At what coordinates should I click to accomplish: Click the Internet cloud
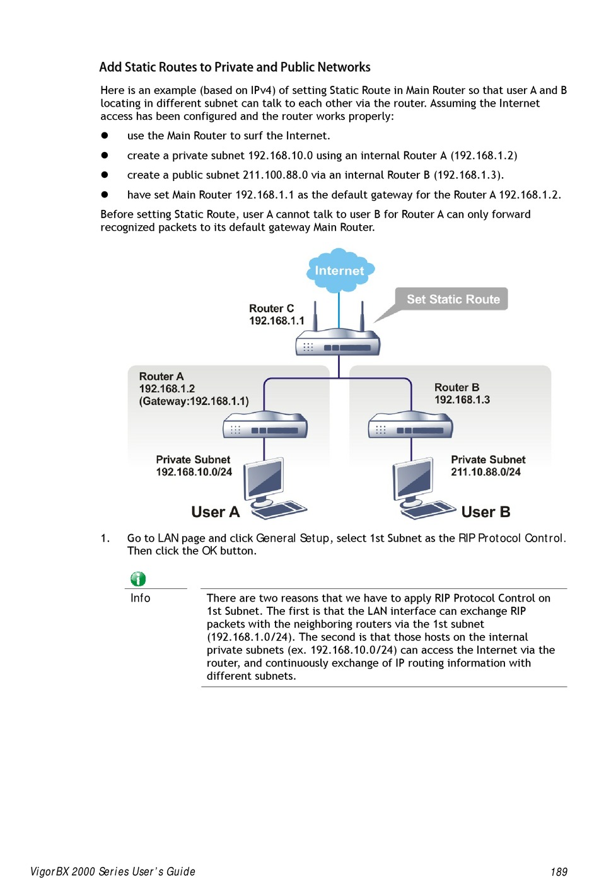pos(340,270)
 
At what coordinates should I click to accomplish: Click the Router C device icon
pos(338,341)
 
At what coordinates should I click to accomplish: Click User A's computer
pos(274,488)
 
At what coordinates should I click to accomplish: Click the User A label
pos(216,512)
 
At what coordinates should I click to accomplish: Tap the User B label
pos(486,512)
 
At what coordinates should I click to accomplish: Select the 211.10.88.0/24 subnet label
pos(486,472)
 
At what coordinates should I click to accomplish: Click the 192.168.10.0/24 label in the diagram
pos(194,472)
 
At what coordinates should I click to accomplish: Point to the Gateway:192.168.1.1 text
pos(194,401)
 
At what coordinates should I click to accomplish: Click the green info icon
pos(138,579)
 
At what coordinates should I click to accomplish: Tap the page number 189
pos(559,871)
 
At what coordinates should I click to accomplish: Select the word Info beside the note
pos(140,598)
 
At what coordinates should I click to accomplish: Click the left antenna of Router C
pos(315,316)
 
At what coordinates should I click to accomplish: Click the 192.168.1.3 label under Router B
pos(462,400)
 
